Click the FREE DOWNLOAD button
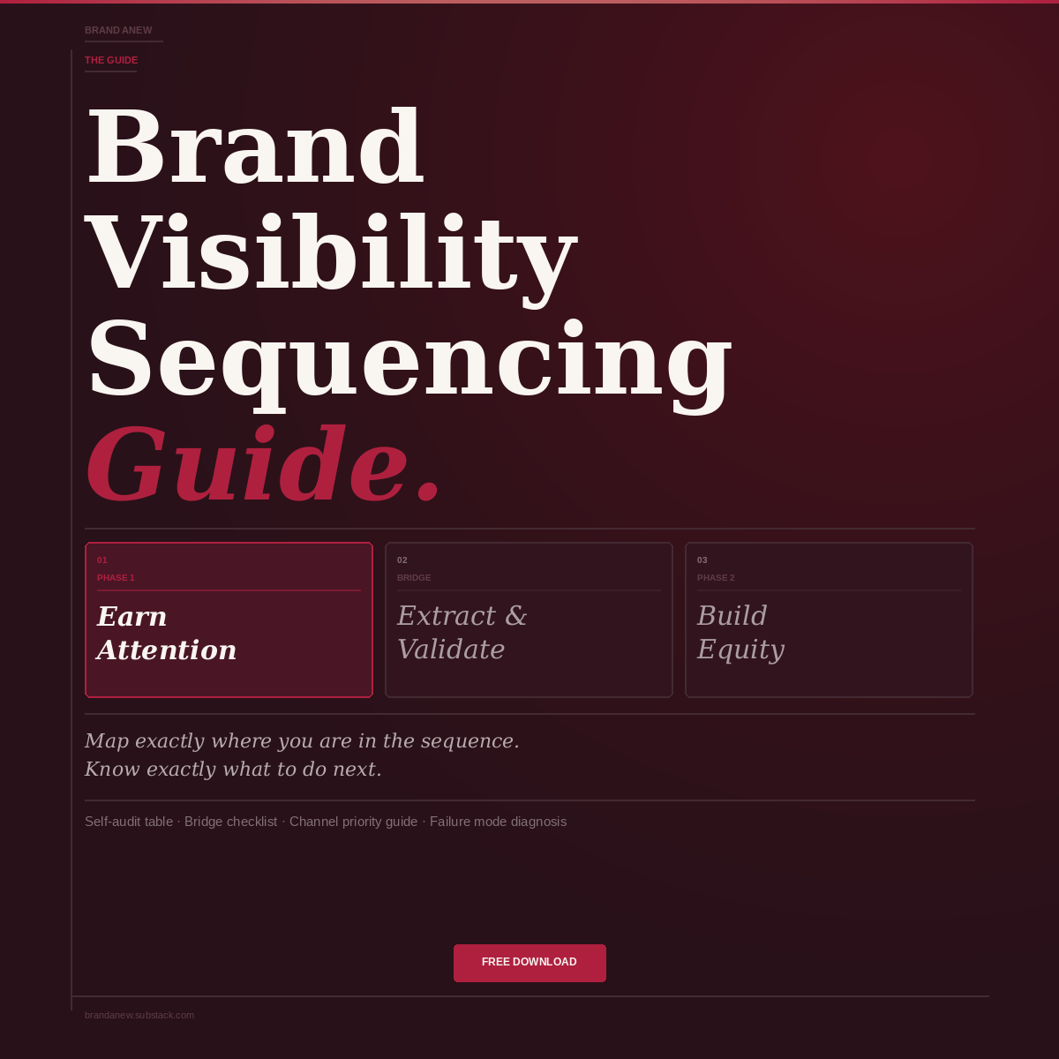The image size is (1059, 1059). coord(529,963)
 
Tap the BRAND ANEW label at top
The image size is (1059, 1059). coord(118,30)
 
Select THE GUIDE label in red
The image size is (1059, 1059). coord(111,60)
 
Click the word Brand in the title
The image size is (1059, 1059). coord(254,147)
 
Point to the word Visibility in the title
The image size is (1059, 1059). coord(331,253)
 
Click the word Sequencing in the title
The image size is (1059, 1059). coord(409,359)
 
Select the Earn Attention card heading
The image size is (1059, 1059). coord(167,633)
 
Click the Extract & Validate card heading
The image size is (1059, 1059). coord(462,633)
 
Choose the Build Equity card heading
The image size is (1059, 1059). coord(740,633)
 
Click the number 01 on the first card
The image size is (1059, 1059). coord(102,560)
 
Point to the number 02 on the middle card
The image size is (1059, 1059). coord(402,560)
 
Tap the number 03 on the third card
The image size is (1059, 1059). coord(702,560)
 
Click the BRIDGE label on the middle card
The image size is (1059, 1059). coord(414,578)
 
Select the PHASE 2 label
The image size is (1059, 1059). coord(716,578)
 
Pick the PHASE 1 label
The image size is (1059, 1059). coord(116,578)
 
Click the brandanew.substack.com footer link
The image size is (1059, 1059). coord(139,1015)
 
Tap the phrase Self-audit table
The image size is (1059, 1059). coord(129,822)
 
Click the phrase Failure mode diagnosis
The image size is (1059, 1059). coord(498,822)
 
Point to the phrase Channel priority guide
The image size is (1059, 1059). coord(353,822)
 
